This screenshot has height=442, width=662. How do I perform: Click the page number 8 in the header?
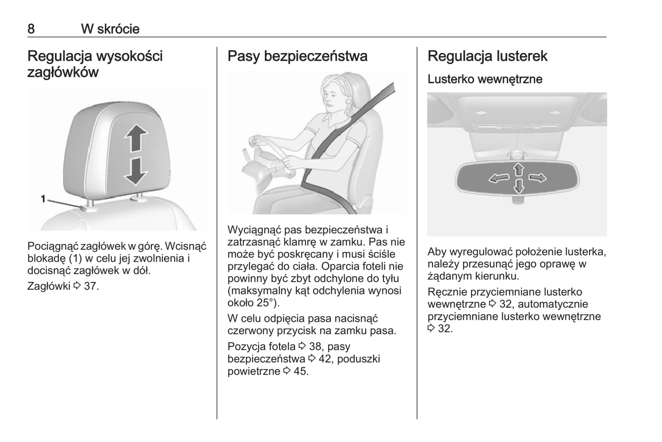pos(31,29)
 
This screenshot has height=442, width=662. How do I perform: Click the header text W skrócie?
pos(110,29)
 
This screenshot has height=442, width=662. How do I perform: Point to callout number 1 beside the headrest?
pos(43,199)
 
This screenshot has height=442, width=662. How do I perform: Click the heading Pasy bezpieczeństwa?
pos(297,56)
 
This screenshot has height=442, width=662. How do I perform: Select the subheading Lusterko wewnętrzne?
pos(485,79)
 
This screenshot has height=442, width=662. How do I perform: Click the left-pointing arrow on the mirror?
pos(499,178)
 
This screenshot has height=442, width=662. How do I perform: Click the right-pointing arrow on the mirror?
pos(537,178)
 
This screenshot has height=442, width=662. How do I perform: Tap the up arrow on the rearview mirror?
pos(519,169)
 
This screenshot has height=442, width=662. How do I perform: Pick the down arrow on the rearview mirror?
pos(519,186)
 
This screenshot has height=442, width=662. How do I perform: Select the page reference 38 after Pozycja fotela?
pos(315,346)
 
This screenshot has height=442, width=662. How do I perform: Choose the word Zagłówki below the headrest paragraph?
pos(49,286)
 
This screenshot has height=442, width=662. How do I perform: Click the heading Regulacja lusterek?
pos(487,56)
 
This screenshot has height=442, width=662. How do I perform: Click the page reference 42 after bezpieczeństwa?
pos(325,359)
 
